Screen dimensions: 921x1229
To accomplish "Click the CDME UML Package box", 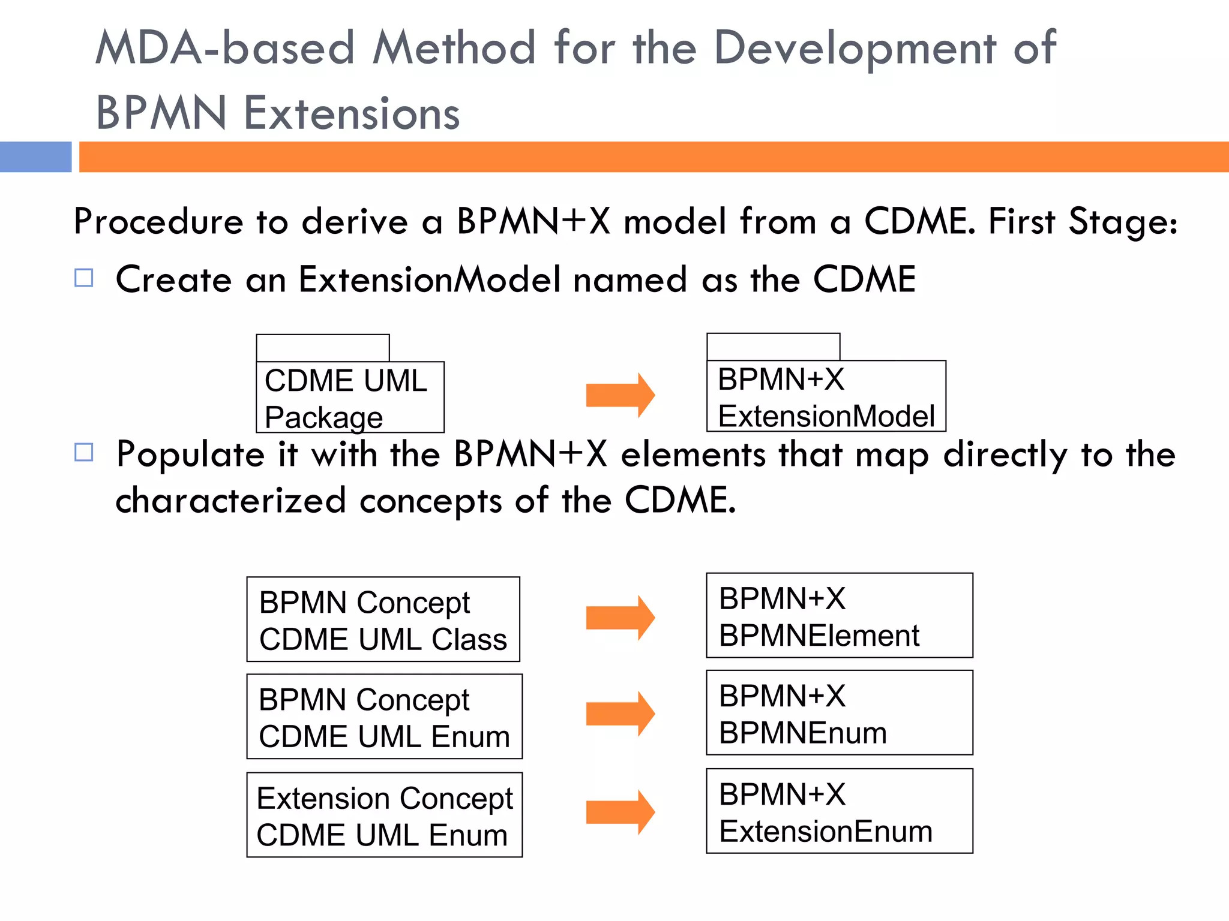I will (350, 397).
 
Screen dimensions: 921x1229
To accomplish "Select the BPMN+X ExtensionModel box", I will (826, 396).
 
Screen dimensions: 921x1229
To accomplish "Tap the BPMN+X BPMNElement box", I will (839, 616).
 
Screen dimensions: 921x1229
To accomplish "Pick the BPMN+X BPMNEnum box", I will (839, 713).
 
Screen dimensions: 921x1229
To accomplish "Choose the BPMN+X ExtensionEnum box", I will (839, 811).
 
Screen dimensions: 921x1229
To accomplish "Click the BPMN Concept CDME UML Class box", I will (383, 619).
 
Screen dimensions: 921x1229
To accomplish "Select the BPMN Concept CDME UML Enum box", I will (384, 717).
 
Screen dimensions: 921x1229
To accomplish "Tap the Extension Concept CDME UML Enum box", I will (384, 815).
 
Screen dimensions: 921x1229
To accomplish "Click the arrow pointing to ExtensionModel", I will (620, 395).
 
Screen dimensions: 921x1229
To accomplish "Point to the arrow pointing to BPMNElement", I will (620, 618).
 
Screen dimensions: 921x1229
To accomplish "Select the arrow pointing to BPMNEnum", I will (620, 714).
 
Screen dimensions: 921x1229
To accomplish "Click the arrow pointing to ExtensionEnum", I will (620, 812).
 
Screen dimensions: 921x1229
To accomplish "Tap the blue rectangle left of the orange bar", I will (35, 157).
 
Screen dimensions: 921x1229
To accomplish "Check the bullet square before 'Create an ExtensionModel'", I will (84, 278).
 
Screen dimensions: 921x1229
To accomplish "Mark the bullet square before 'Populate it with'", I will (84, 452).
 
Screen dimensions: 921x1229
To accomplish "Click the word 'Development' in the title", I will (855, 49).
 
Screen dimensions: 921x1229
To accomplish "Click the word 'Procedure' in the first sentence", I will (158, 222).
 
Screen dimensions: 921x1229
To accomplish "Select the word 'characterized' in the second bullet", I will (230, 501).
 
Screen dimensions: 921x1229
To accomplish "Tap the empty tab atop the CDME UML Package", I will (322, 348).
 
